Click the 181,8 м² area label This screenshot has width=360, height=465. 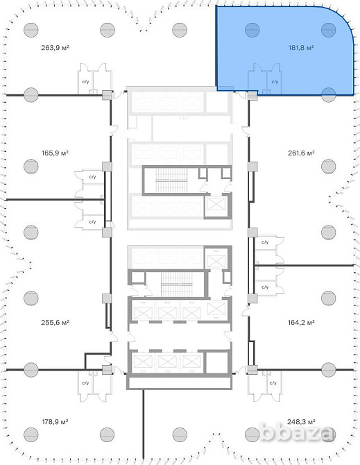tap(301, 47)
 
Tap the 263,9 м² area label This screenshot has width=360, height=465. tap(55, 47)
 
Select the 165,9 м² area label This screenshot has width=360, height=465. tap(55, 153)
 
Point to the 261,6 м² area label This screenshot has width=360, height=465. tap(301, 153)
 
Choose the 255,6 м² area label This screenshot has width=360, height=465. tap(55, 322)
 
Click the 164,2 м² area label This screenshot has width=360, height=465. tap(301, 322)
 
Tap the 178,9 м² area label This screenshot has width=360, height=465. tap(55, 421)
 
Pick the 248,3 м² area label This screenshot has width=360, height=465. tap(301, 421)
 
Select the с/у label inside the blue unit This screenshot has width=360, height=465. tap(275, 82)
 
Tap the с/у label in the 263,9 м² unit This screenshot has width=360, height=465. tap(85, 82)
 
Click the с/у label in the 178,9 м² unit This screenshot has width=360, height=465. tap(85, 383)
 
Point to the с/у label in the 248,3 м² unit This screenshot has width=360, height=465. tap(273, 383)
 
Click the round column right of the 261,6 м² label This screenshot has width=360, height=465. tap(328, 167)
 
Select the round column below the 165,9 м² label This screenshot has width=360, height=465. tap(31, 167)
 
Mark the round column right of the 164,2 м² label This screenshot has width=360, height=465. tap(328, 298)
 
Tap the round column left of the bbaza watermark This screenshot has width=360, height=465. tap(252, 434)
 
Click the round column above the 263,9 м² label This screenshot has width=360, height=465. tap(31, 30)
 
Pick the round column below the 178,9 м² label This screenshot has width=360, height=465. tap(31, 434)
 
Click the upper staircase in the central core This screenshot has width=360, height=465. tap(171, 180)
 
